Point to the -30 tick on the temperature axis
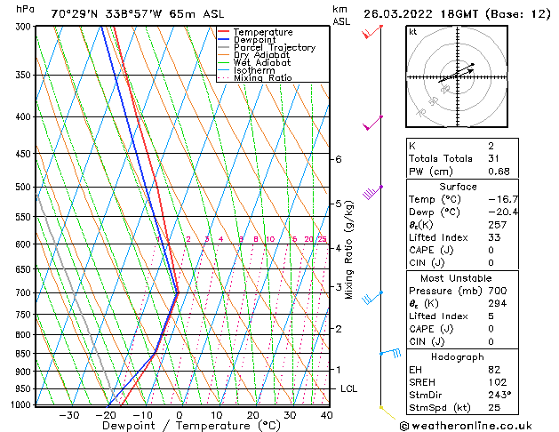(x=68, y=415)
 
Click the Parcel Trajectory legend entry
(x=274, y=48)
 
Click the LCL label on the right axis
(x=349, y=389)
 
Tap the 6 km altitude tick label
(x=338, y=159)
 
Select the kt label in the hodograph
(x=413, y=31)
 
